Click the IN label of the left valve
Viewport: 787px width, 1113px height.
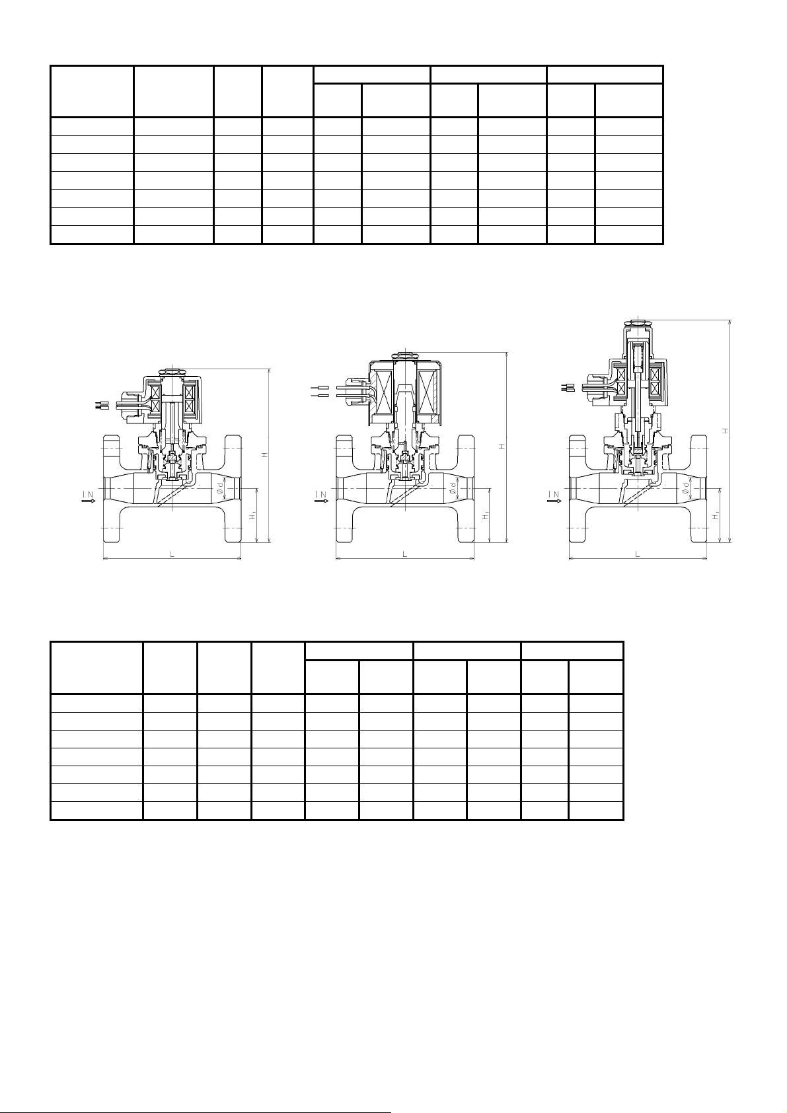[x=88, y=494]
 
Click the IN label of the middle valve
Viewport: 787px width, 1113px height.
[x=321, y=494]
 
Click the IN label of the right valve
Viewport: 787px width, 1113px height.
[x=554, y=494]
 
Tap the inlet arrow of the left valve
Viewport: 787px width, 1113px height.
[x=88, y=501]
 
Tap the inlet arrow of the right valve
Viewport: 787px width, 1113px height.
[x=554, y=501]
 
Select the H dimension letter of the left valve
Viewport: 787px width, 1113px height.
[x=266, y=454]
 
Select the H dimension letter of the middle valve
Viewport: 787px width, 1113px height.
[x=503, y=447]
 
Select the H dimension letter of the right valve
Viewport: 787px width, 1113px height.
[x=726, y=430]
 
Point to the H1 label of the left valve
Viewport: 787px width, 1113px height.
[x=253, y=517]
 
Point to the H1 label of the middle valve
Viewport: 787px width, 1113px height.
[x=486, y=517]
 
